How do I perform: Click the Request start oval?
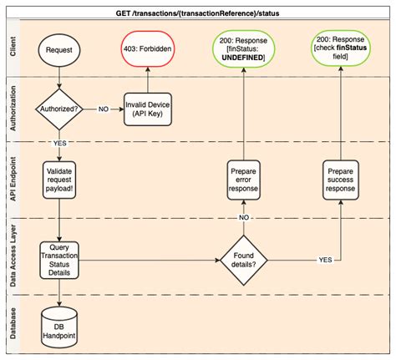point(59,49)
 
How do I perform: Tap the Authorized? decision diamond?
point(59,109)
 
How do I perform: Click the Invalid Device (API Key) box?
point(148,109)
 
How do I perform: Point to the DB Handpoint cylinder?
point(59,322)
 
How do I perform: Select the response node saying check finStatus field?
point(340,49)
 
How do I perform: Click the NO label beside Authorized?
point(102,109)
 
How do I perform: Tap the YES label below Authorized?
point(59,143)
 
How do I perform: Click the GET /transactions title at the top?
point(199,11)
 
